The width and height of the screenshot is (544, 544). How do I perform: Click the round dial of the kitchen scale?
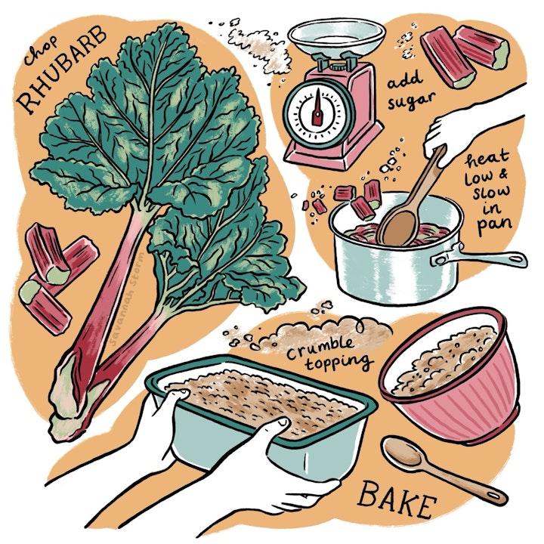tap(317, 109)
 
